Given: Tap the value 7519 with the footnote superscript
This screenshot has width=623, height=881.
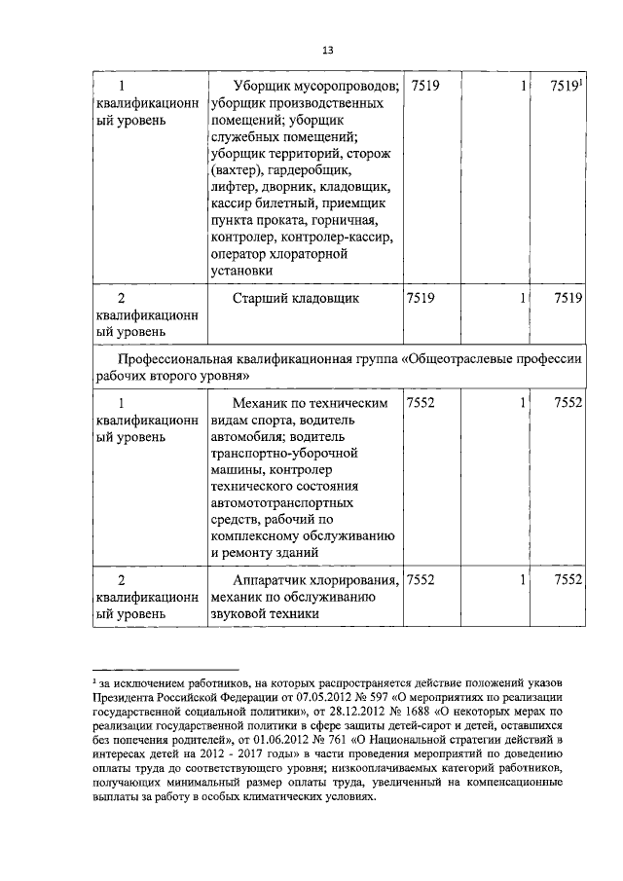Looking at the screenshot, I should click(x=565, y=87).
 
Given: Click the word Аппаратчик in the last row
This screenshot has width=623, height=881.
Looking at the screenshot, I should click(x=274, y=579).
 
